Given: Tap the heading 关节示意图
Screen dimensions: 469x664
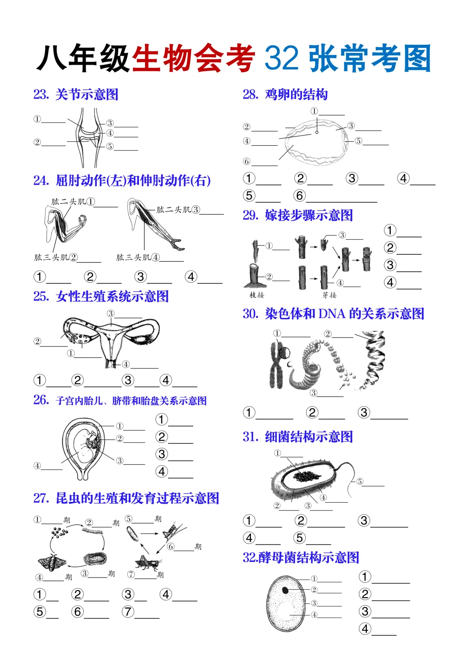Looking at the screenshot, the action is tap(87, 94).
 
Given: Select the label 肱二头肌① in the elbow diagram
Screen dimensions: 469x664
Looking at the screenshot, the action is tap(73, 202).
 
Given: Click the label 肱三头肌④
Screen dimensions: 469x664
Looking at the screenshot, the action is tap(138, 257).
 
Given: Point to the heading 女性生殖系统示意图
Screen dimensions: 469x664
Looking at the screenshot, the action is tap(112, 297).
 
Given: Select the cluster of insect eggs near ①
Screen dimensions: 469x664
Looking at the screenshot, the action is tap(59, 532).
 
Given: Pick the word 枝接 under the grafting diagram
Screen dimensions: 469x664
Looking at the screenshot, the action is tap(257, 295).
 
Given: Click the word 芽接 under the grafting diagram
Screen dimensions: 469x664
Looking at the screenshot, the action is tap(330, 295).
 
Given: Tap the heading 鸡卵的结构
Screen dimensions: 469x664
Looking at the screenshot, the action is tap(296, 94).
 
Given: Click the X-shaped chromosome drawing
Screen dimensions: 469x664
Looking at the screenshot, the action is tap(277, 364).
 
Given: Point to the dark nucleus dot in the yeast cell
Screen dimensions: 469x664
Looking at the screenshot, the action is tap(285, 590).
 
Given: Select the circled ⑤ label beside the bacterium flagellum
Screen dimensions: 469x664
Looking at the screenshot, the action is tap(360, 481).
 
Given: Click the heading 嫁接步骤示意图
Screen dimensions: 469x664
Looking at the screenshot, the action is tap(309, 215).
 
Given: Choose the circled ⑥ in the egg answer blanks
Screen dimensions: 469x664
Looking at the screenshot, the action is tap(300, 196).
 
